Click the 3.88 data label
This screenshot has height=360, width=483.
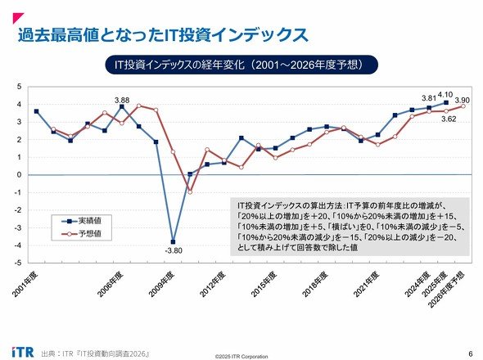tap(122, 101)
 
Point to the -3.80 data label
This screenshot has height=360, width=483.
tap(174, 250)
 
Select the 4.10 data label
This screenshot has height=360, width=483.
tap(445, 95)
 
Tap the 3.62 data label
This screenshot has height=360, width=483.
tap(449, 119)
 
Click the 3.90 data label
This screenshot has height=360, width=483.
tap(463, 101)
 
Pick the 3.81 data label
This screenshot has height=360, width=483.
tap(429, 98)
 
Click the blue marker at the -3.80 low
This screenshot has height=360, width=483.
tap(173, 241)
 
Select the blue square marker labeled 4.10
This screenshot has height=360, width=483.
tap(446, 102)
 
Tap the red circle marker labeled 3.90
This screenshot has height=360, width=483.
tap(463, 106)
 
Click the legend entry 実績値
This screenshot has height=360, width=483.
tap(82, 221)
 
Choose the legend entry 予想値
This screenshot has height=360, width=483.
tap(82, 234)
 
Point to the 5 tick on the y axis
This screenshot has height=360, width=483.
tap(20, 87)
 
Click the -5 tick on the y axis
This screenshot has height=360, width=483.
tap(19, 263)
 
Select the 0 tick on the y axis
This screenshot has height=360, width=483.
tap(20, 175)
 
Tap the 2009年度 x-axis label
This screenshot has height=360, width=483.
tap(161, 284)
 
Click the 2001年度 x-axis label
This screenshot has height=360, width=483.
tap(25, 284)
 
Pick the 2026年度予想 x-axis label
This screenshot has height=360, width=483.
tap(447, 289)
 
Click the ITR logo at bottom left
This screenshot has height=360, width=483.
tap(23, 352)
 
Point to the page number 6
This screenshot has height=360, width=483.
tap(470, 353)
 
